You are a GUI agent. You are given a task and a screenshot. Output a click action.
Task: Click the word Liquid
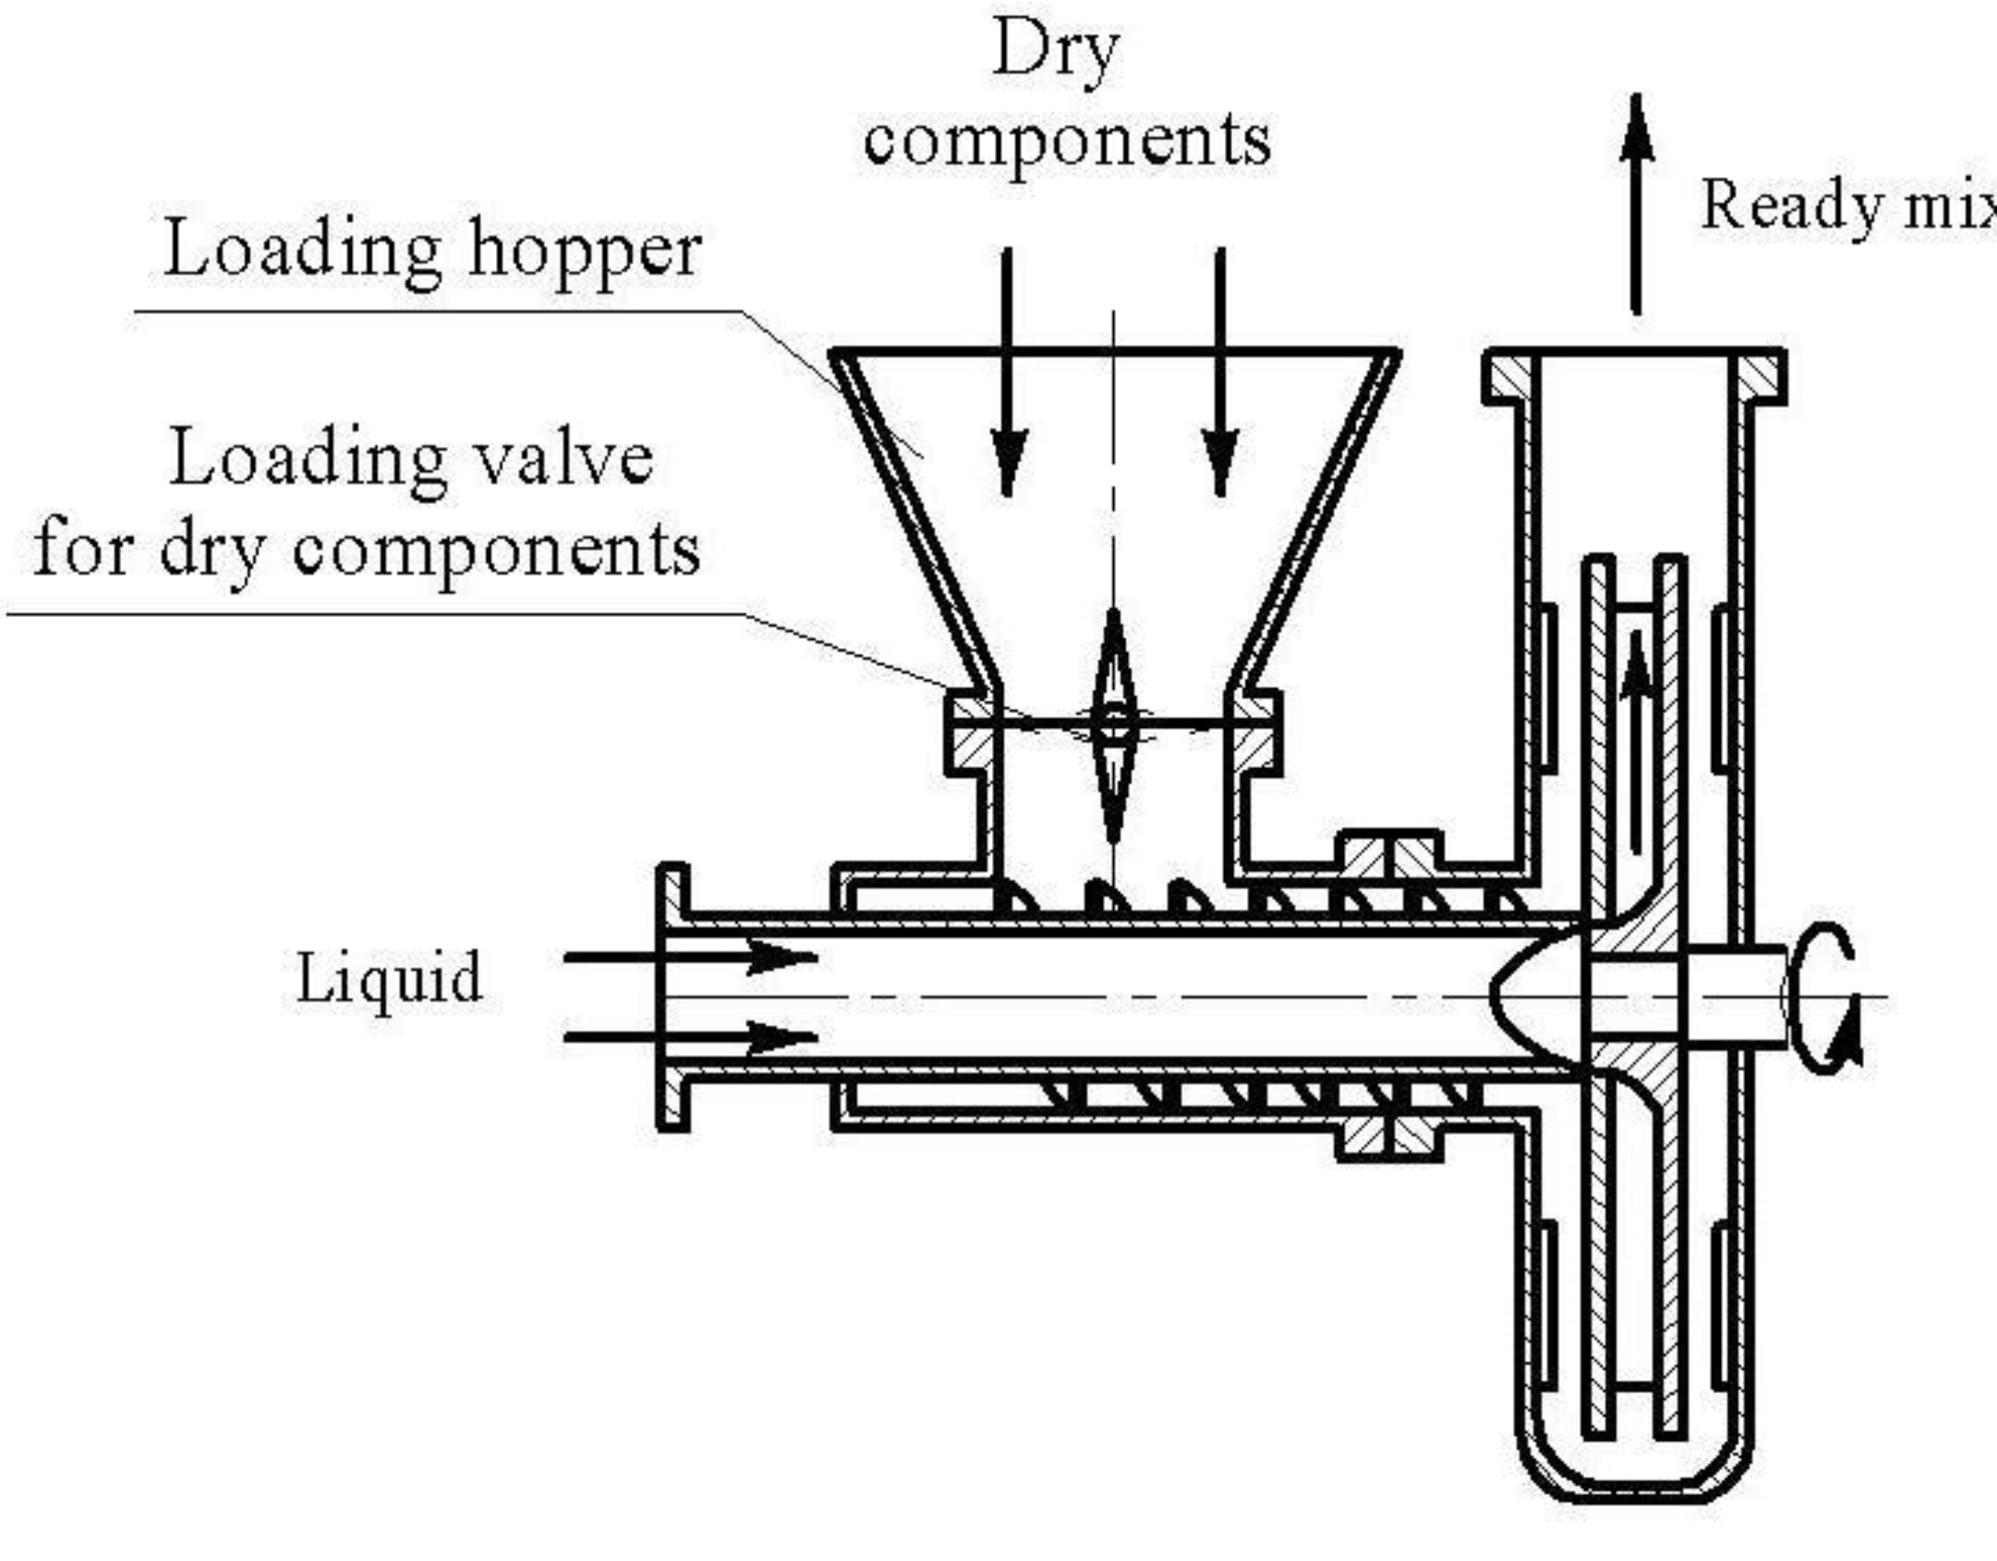[x=389, y=979]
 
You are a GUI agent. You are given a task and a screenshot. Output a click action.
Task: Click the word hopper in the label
[x=584, y=252]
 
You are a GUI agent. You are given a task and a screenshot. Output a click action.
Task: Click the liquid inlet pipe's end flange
[x=672, y=997]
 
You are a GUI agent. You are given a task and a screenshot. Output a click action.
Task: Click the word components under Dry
[x=1067, y=142]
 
